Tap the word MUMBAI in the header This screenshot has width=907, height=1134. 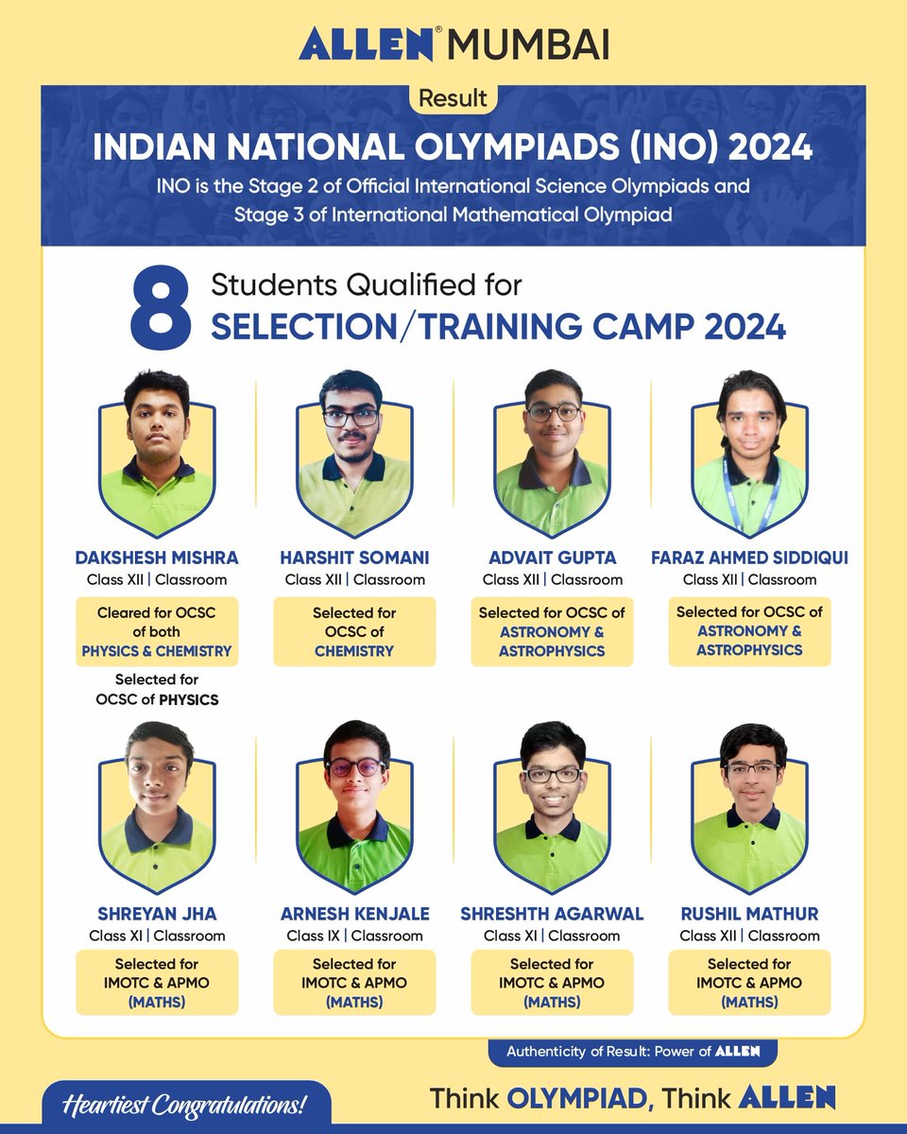(528, 44)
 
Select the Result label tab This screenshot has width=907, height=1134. (453, 97)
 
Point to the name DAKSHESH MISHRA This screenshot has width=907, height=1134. (157, 558)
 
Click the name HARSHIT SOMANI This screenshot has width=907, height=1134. (354, 558)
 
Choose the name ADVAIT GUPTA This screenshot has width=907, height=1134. (552, 558)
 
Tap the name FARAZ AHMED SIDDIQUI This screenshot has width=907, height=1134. (749, 558)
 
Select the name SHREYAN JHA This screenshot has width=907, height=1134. (157, 914)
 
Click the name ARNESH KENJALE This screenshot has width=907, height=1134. (354, 914)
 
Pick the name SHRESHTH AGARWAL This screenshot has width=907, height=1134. (552, 914)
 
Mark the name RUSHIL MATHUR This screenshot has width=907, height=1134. (749, 914)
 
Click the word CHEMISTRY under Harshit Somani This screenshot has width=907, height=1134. (354, 651)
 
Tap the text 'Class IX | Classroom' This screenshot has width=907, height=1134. (354, 936)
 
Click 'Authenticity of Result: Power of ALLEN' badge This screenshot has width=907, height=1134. (633, 1051)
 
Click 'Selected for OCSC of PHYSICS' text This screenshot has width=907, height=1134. (157, 690)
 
